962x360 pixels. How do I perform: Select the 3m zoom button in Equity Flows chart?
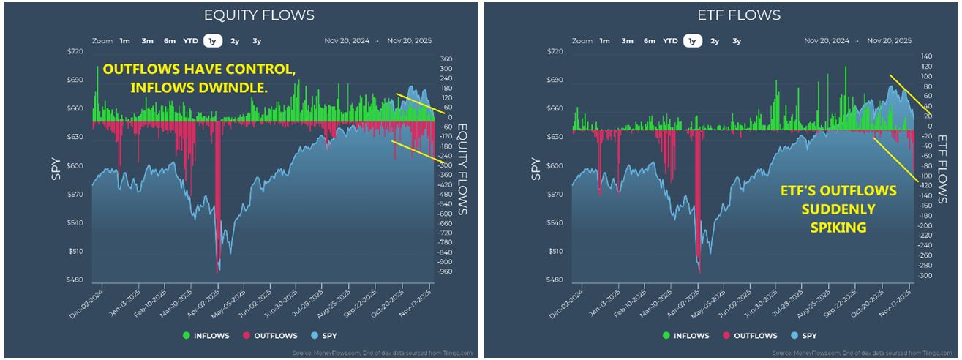(147, 41)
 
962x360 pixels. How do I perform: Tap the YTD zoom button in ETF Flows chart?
(670, 41)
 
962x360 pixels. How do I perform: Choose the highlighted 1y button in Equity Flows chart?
(212, 41)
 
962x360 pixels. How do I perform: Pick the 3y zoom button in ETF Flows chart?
(736, 41)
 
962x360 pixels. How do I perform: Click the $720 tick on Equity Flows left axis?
(75, 51)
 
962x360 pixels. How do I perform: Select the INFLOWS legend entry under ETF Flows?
(685, 336)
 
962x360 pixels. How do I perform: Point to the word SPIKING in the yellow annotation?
(838, 228)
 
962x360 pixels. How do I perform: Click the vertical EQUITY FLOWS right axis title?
(462, 168)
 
